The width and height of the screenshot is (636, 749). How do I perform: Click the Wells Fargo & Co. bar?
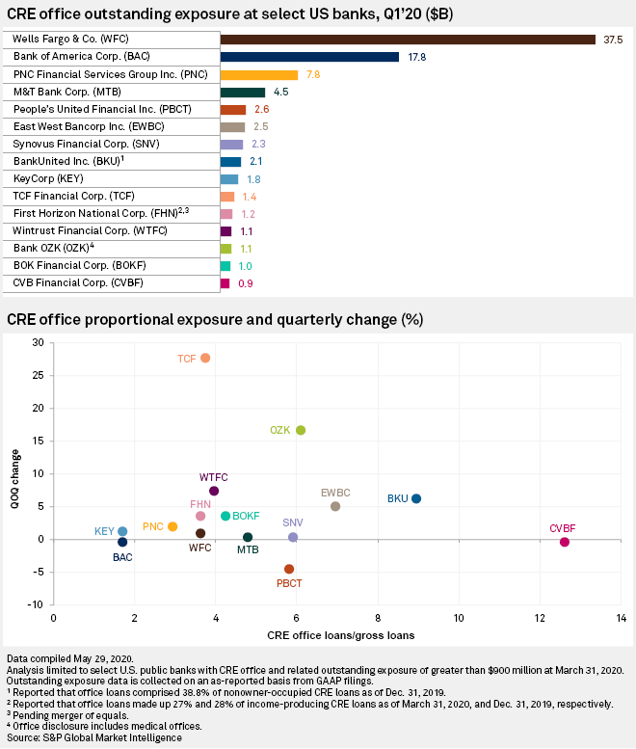coord(408,40)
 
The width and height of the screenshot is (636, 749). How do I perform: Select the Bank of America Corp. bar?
coord(309,57)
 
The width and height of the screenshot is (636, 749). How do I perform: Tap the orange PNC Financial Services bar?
coord(259,74)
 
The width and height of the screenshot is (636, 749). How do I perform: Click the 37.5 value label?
coord(612,40)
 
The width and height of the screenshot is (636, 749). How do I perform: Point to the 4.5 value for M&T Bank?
coord(281,93)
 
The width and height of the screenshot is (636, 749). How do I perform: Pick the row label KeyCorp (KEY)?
coord(48,179)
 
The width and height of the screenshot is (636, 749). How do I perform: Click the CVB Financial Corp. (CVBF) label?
coord(71,283)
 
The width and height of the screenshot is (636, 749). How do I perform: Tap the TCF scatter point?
coord(205,358)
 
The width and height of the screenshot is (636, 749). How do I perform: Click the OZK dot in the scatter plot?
coord(301,430)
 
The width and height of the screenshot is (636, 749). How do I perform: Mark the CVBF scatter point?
coord(565,542)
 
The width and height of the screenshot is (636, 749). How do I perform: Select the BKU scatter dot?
coord(416,498)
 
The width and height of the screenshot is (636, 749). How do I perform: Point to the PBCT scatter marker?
coord(289,569)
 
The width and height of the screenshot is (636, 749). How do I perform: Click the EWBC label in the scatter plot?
coord(335,493)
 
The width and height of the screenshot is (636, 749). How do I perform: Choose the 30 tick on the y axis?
coord(39,342)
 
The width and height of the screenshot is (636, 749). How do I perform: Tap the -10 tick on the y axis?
coord(37,604)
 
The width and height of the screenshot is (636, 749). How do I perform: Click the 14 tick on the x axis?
coord(622,618)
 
